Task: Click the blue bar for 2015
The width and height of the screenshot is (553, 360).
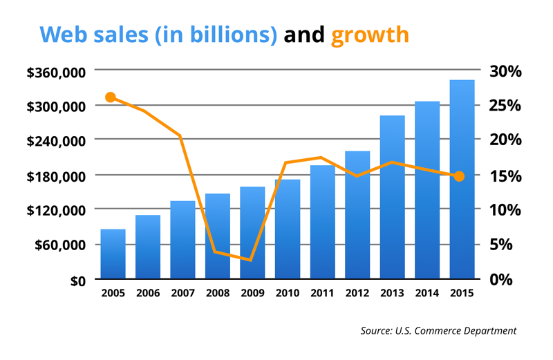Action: coord(462,180)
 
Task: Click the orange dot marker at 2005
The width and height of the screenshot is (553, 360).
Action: coord(111,97)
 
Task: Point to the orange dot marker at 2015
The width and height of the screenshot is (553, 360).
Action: coord(460,176)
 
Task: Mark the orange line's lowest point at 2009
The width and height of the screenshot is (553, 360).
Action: coord(251,260)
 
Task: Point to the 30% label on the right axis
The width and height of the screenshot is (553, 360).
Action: coord(505,71)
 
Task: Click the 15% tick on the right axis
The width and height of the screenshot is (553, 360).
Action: coord(505,176)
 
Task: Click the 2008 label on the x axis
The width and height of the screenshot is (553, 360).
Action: coord(217,294)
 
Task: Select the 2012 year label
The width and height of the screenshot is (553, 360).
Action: coord(357,294)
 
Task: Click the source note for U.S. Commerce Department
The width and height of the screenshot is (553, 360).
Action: coord(438,331)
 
